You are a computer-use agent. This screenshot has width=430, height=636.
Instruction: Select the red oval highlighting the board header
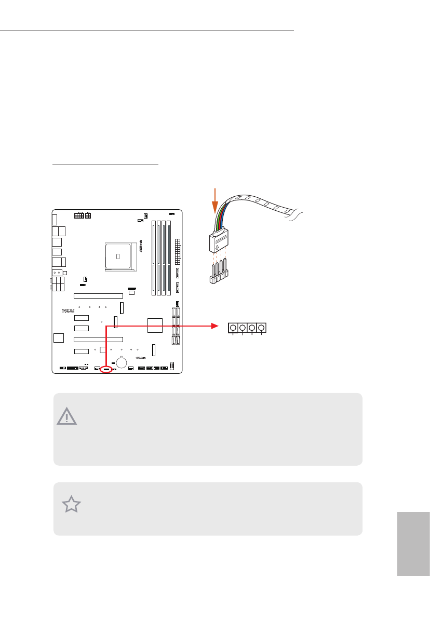(106, 370)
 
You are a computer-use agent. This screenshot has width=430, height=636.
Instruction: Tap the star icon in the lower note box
(72, 505)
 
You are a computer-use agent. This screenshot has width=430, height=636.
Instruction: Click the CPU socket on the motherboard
(118, 256)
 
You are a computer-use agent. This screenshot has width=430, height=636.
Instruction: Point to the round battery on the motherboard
(122, 361)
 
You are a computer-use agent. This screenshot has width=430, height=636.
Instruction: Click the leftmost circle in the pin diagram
(233, 328)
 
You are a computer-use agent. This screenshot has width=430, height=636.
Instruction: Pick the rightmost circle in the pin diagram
(261, 328)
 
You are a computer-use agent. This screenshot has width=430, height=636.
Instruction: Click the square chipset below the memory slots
(155, 326)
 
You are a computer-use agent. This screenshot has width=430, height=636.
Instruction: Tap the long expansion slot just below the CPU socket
(98, 296)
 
